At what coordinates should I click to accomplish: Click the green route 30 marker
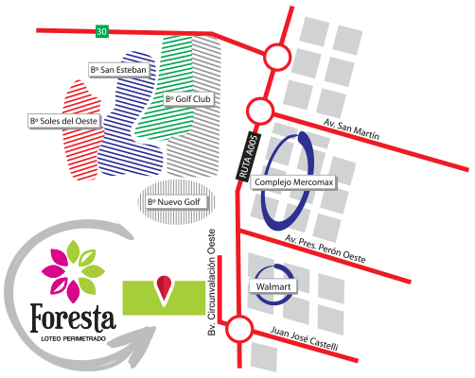pyautogui.click(x=102, y=31)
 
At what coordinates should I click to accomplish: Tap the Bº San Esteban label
pyautogui.click(x=118, y=70)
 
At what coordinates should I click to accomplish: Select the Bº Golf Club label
pyautogui.click(x=188, y=99)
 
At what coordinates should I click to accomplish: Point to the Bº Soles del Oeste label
pyautogui.click(x=64, y=121)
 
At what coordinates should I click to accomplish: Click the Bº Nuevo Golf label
pyautogui.click(x=174, y=202)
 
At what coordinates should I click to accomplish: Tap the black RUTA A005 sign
pyautogui.click(x=249, y=157)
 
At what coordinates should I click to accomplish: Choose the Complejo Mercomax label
pyautogui.click(x=293, y=182)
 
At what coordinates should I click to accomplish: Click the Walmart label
pyautogui.click(x=273, y=286)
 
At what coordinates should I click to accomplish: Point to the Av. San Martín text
pyautogui.click(x=351, y=129)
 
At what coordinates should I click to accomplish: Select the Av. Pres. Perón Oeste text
pyautogui.click(x=325, y=249)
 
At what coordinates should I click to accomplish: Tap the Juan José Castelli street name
pyautogui.click(x=305, y=338)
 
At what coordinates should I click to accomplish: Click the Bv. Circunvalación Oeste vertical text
pyautogui.click(x=212, y=283)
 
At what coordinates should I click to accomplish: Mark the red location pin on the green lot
pyautogui.click(x=164, y=287)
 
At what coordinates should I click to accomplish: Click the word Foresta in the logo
pyautogui.click(x=73, y=318)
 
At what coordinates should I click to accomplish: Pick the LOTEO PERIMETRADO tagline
pyautogui.click(x=74, y=339)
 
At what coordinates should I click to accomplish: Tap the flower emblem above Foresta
pyautogui.click(x=73, y=271)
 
